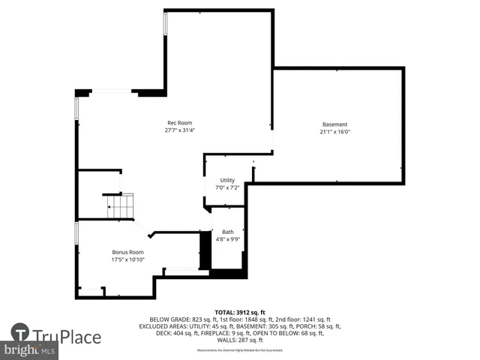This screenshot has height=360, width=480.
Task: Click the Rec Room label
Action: [179, 123]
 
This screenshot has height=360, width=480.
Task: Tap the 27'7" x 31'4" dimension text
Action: [179, 130]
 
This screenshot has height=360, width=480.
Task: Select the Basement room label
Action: [334, 124]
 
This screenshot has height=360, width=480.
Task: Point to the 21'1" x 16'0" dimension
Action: [334, 132]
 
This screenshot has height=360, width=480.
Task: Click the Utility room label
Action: [227, 180]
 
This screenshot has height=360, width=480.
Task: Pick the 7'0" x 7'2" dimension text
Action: [227, 187]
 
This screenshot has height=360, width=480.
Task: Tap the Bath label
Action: [227, 232]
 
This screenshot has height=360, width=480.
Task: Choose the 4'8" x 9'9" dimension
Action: [227, 240]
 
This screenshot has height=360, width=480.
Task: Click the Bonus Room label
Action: [127, 252]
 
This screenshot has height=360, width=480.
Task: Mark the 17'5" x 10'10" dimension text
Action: [127, 259]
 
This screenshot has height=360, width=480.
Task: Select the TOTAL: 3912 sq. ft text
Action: [240, 312]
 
